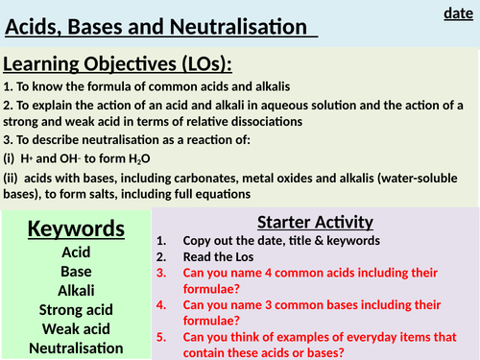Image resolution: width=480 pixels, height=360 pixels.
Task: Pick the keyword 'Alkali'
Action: [x=76, y=289]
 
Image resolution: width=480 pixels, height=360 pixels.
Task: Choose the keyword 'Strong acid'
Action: [x=76, y=309]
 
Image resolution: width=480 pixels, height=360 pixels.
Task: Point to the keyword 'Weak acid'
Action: [x=76, y=329]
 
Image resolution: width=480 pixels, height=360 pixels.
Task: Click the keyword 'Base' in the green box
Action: [x=76, y=270]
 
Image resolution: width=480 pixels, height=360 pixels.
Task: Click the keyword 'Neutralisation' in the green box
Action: [x=76, y=348]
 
